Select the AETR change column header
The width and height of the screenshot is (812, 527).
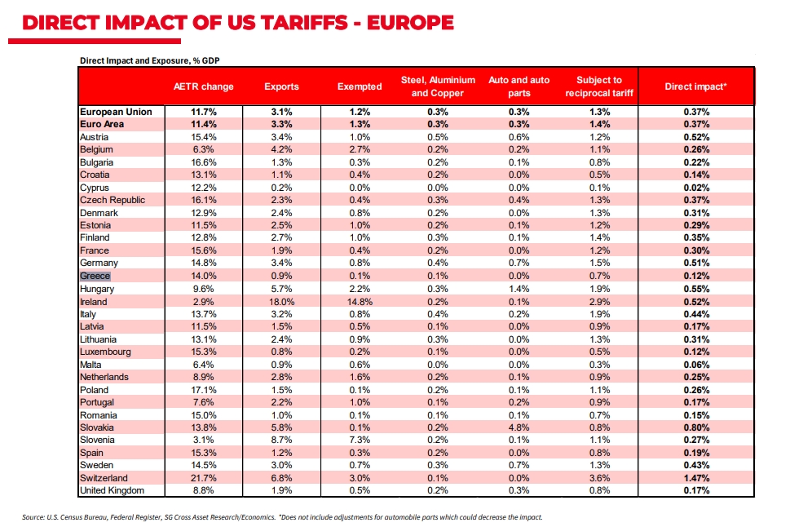(204, 86)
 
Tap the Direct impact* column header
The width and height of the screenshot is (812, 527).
(696, 86)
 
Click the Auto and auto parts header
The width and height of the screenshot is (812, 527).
(519, 86)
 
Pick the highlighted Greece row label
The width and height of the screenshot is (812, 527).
(95, 276)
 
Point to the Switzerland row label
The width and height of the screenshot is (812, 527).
(104, 478)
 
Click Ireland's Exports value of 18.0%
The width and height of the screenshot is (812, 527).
(282, 302)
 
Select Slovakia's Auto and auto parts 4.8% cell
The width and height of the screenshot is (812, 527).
(519, 427)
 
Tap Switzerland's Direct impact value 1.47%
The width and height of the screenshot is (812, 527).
(696, 478)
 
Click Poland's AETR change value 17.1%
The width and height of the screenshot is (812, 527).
(204, 390)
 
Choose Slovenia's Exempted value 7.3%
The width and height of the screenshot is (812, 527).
(360, 440)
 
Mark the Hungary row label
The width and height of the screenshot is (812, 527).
(97, 289)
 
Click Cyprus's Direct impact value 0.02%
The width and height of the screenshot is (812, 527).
(696, 188)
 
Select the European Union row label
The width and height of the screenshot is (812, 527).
(116, 112)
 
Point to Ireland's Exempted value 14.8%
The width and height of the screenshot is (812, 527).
(360, 302)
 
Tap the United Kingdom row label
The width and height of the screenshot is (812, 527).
(112, 490)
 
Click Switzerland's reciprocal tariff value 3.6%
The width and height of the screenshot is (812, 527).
(600, 478)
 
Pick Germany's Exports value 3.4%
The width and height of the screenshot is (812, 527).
(282, 263)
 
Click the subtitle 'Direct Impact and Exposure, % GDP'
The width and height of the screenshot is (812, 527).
(150, 60)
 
